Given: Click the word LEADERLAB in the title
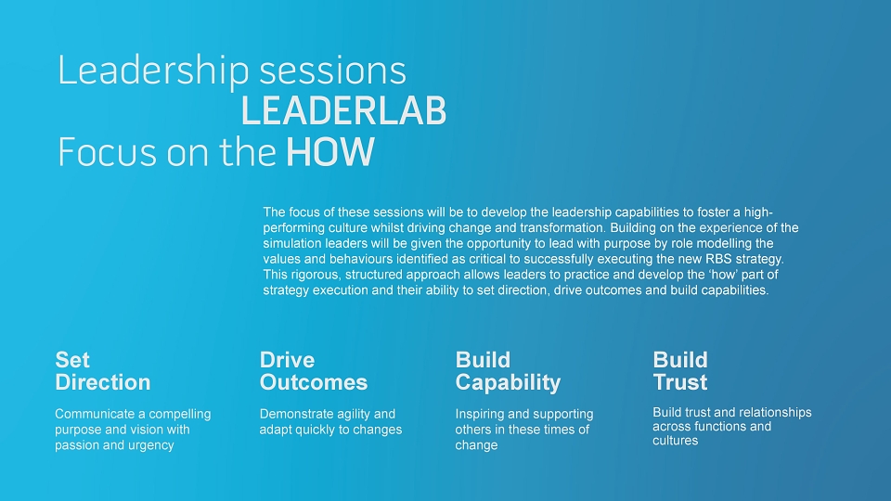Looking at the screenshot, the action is [x=343, y=110].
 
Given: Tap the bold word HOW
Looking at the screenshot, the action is [x=330, y=151].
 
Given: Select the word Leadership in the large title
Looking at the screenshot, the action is [x=153, y=71].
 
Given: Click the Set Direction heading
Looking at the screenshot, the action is [x=103, y=371].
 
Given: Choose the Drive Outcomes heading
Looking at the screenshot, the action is [x=314, y=371].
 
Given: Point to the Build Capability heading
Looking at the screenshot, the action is [x=508, y=371].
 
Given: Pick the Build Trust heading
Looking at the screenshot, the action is [x=680, y=371].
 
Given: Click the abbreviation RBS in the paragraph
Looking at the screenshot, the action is [x=718, y=259].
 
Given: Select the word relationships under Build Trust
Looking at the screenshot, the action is [x=775, y=412].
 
